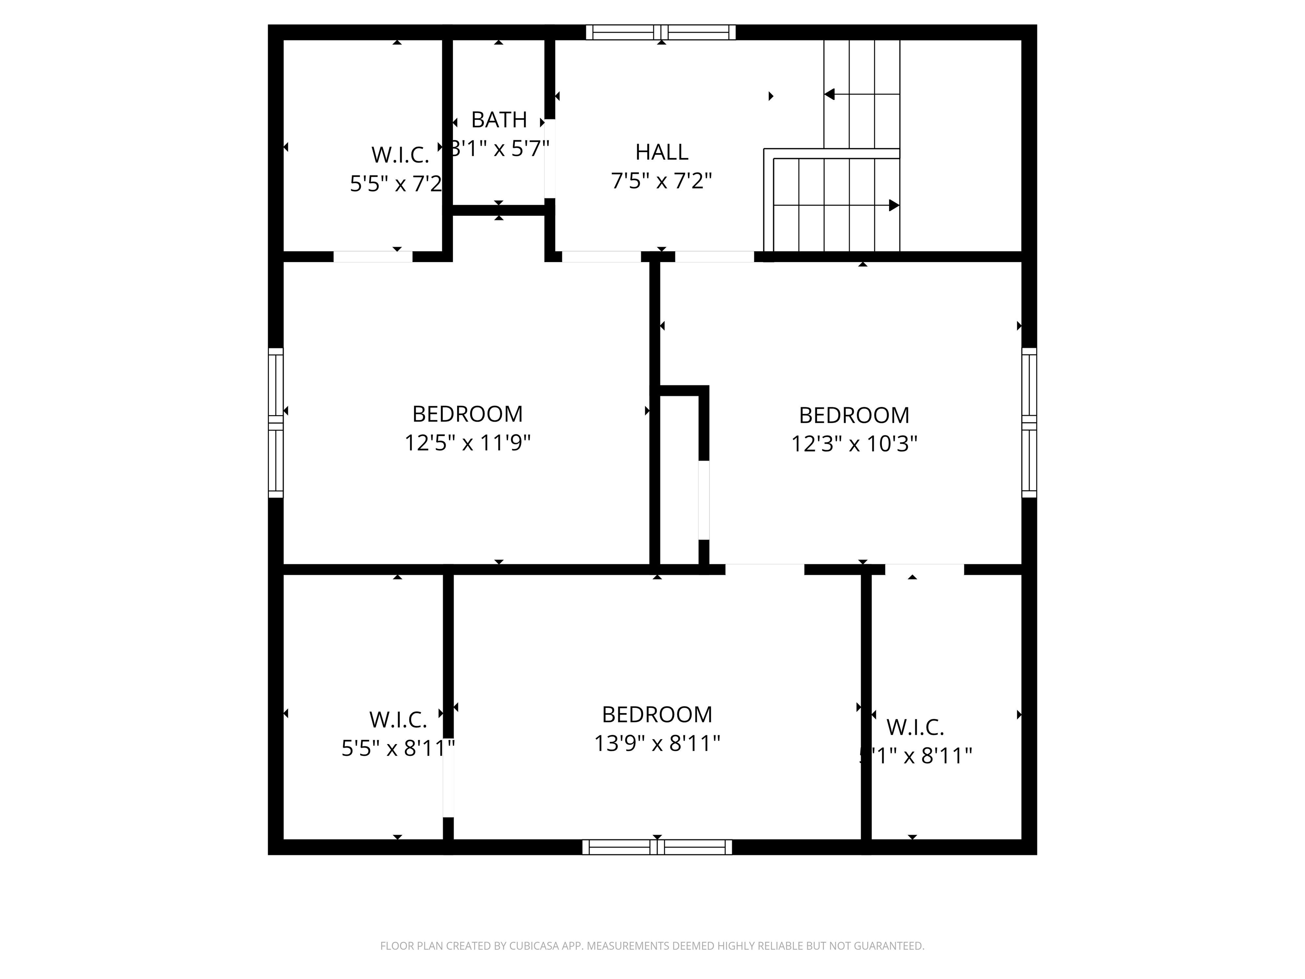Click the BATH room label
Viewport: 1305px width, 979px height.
click(x=499, y=120)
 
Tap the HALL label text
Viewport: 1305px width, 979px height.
click(x=661, y=152)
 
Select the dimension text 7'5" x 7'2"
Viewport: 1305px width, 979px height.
click(x=661, y=181)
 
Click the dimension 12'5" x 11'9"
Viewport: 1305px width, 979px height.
click(x=467, y=443)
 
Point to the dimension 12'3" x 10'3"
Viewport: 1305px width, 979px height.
click(x=854, y=444)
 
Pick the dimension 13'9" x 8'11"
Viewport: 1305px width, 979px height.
click(x=657, y=744)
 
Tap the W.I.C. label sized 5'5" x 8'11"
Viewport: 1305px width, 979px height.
click(x=398, y=720)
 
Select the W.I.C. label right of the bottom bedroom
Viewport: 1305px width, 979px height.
click(x=915, y=727)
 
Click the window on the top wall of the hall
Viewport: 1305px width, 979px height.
click(x=661, y=32)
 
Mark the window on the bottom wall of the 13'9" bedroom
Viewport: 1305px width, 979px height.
click(x=657, y=847)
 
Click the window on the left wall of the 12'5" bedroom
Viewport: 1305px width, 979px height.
click(x=276, y=422)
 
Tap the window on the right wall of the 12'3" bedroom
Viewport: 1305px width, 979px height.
click(x=1029, y=422)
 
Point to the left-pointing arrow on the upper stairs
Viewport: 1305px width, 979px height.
click(x=830, y=94)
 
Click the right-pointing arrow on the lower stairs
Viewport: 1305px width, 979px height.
click(x=893, y=205)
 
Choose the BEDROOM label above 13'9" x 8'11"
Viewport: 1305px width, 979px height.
click(x=657, y=715)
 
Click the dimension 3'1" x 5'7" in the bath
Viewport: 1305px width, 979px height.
click(x=500, y=148)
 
